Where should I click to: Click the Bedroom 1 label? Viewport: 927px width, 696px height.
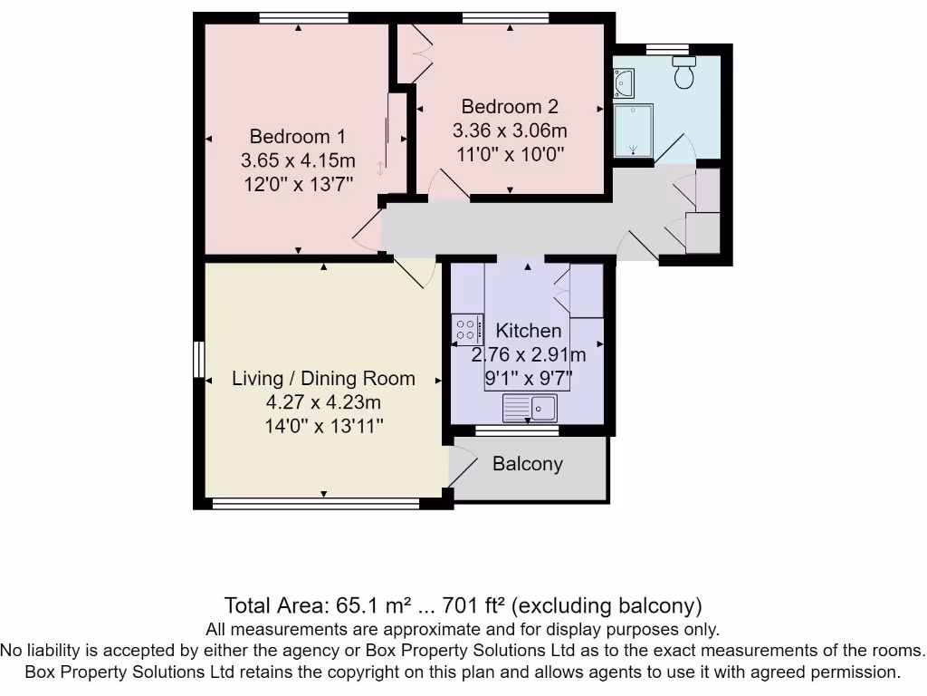[298, 137]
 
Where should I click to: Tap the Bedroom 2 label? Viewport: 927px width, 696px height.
[510, 106]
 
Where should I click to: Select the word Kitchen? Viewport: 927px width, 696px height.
[529, 331]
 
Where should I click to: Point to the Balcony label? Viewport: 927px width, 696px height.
[528, 464]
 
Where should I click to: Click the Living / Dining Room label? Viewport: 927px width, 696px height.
[323, 379]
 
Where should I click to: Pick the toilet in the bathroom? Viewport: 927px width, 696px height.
[683, 72]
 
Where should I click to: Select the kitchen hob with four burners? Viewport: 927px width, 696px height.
[467, 327]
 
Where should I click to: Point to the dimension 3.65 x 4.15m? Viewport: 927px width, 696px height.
[298, 160]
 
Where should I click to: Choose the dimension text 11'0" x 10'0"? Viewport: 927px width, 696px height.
[510, 153]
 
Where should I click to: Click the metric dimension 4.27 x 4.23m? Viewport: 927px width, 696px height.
[323, 402]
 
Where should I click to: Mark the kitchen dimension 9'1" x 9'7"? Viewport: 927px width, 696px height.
[529, 376]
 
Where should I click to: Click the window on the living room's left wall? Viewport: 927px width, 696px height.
[198, 358]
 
